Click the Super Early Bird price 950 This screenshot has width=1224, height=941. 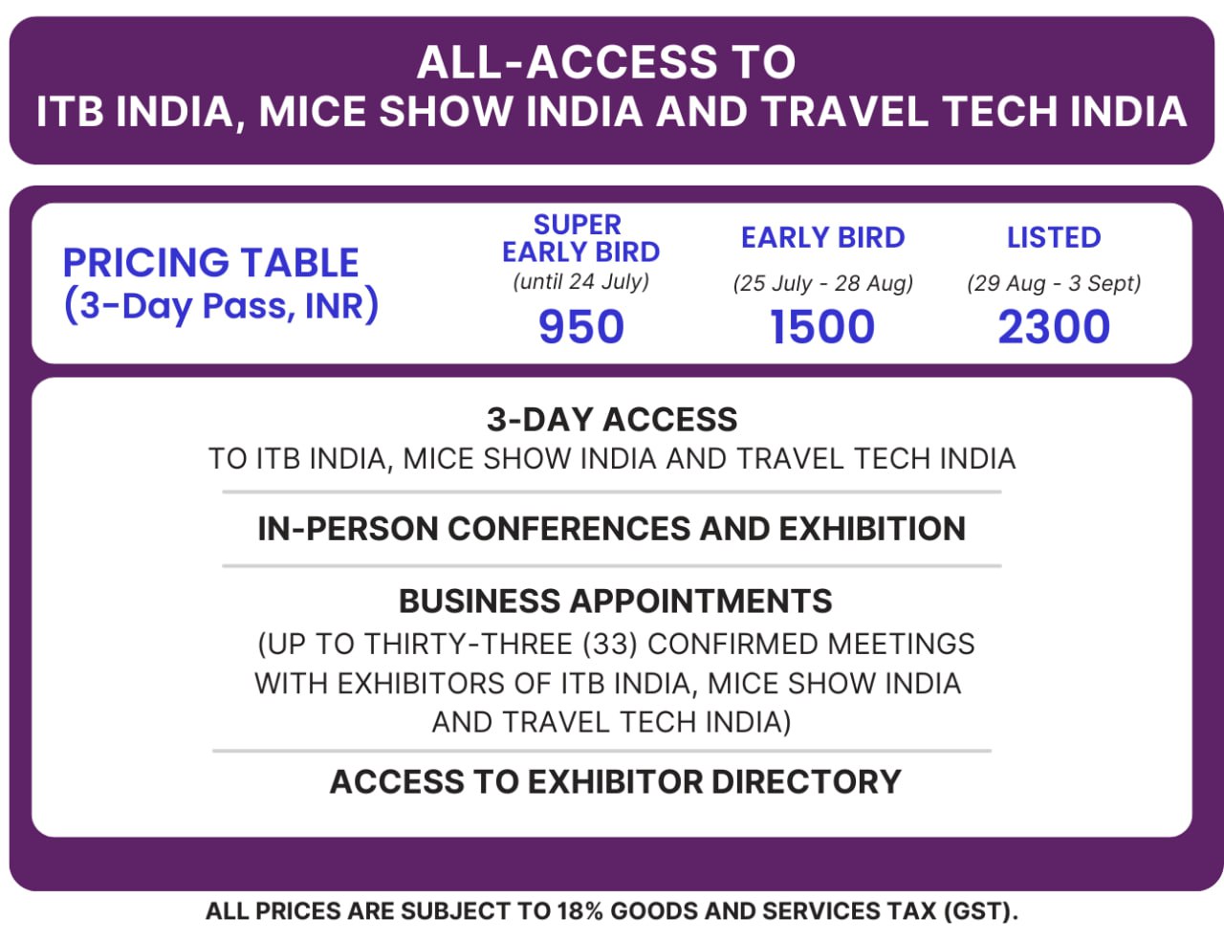580,327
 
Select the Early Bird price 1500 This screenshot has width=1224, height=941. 822,327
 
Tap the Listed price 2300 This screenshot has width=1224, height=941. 1054,327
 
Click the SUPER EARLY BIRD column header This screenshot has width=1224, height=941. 580,238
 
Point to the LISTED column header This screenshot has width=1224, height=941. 1054,237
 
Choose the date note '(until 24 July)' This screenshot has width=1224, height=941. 580,282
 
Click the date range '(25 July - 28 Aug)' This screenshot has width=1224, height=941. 822,283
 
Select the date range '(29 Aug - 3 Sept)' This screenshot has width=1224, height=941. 1054,283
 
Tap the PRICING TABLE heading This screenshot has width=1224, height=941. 210,262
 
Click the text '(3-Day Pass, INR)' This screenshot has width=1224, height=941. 221,306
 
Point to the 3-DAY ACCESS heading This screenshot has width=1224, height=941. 612,420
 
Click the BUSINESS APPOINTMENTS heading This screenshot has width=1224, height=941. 615,602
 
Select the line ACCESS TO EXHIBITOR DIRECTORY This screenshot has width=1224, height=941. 615,782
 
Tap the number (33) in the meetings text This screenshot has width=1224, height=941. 609,644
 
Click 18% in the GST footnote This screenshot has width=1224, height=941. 579,911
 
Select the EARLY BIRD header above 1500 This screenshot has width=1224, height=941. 822,237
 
